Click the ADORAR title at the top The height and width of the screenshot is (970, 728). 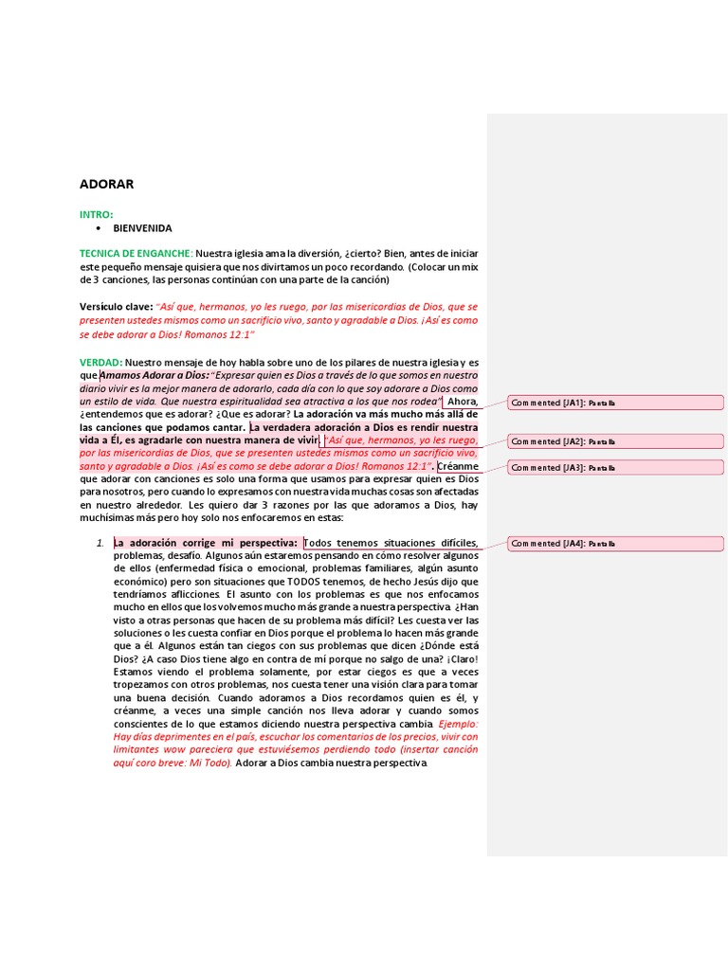(106, 185)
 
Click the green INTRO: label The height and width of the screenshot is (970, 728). (96, 215)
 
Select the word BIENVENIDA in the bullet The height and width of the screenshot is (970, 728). (142, 228)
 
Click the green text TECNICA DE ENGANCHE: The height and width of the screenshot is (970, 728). (136, 254)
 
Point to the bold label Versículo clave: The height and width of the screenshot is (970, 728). (116, 307)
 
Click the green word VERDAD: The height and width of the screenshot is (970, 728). (100, 363)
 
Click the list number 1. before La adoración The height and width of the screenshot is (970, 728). (100, 543)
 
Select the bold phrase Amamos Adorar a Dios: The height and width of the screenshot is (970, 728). (154, 376)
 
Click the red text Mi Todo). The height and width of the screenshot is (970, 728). (210, 763)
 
